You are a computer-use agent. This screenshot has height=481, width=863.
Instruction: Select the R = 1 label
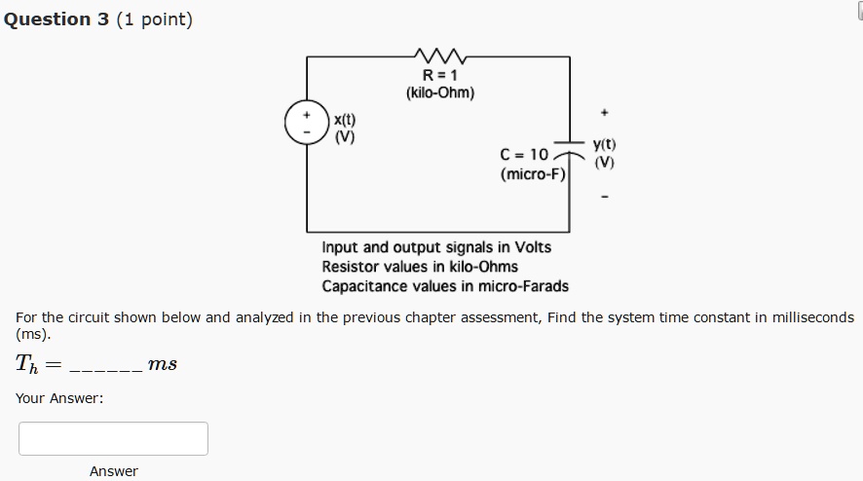point(440,76)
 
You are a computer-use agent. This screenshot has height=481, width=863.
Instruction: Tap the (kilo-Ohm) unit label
point(440,93)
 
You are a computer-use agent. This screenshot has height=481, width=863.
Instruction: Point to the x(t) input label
point(345,120)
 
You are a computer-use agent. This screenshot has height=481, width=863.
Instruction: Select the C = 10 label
point(524,155)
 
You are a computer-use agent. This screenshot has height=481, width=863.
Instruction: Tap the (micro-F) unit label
point(532,174)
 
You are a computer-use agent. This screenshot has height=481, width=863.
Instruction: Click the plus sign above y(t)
point(606,110)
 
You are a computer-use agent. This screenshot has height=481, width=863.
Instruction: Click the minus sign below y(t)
point(606,197)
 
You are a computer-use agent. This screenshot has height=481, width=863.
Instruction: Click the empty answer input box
point(113,438)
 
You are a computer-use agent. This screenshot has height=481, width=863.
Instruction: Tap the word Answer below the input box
point(114,471)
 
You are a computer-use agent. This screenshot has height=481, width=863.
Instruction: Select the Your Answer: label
point(59,398)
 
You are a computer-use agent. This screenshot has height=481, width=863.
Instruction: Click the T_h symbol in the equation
point(27,364)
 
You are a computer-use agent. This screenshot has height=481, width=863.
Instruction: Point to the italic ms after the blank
point(162,364)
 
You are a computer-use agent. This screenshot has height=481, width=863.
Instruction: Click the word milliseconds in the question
point(805,317)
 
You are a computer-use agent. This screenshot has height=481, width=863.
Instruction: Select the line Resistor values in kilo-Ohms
point(420,267)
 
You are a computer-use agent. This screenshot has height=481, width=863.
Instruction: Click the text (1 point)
point(154,19)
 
